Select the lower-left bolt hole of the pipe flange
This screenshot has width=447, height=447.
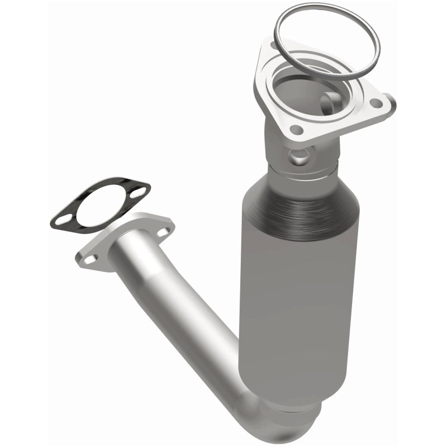click(x=91, y=258)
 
